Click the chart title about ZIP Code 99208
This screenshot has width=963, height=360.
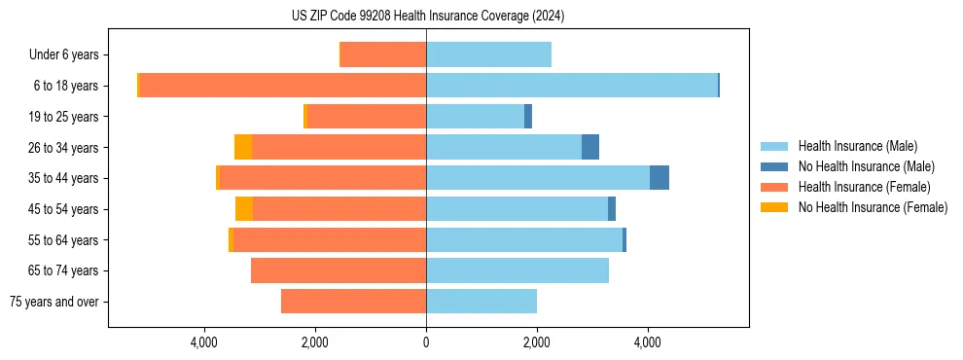[427, 16]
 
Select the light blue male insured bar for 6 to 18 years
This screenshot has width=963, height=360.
[572, 86]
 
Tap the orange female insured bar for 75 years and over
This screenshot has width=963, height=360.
[353, 302]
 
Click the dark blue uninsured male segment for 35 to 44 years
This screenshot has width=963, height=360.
[659, 178]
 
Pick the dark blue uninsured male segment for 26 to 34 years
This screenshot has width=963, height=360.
[589, 147]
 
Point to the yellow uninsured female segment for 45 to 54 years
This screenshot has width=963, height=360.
[244, 209]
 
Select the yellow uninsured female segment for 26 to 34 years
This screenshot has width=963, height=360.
[243, 147]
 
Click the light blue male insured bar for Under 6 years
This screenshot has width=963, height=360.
[488, 54]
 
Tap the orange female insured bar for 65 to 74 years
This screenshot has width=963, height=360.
[339, 270]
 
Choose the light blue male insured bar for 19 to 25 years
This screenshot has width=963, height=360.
[475, 117]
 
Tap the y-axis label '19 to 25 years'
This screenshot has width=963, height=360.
[64, 117]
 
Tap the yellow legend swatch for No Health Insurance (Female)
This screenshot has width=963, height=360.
[774, 207]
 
